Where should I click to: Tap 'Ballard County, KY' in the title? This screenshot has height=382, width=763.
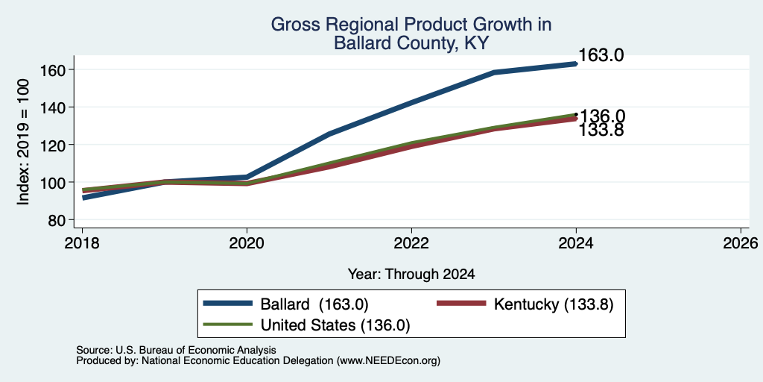click(411, 43)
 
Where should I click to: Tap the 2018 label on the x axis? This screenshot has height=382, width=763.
click(82, 242)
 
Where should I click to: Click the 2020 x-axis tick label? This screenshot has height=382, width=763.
click(247, 242)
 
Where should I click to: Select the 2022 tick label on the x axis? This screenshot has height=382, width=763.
click(411, 242)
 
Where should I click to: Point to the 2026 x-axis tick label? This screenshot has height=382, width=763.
click(741, 242)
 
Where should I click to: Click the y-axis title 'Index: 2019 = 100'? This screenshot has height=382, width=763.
click(24, 143)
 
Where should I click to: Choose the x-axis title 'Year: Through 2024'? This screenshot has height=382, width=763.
click(411, 274)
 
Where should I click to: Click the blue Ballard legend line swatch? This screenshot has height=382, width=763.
click(229, 304)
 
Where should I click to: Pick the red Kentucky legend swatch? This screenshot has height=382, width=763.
click(461, 304)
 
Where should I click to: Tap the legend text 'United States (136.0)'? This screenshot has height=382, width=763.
click(335, 325)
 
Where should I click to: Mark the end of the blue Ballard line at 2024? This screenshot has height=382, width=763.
click(576, 64)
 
